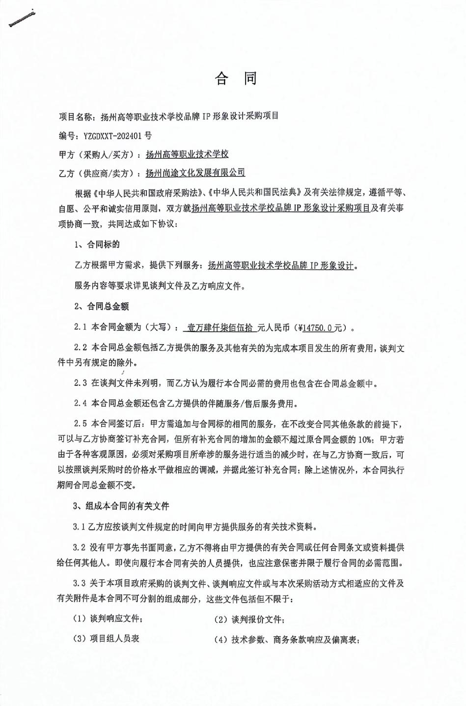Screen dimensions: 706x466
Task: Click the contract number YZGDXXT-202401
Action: pyautogui.click(x=115, y=136)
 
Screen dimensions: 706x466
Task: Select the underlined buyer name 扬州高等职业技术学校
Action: pyautogui.click(x=187, y=154)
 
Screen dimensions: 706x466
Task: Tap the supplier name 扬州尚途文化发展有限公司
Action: pyautogui.click(x=195, y=173)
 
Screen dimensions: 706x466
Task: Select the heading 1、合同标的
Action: pyautogui.click(x=97, y=244)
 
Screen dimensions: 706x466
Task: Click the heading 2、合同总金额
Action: pyautogui.click(x=101, y=306)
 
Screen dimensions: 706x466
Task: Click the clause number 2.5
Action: pyautogui.click(x=80, y=423)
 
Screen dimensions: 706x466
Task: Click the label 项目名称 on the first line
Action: pyautogui.click(x=76, y=117)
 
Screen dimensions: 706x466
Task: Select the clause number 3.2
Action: pyautogui.click(x=80, y=547)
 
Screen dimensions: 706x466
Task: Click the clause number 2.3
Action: pyautogui.click(x=80, y=383)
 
